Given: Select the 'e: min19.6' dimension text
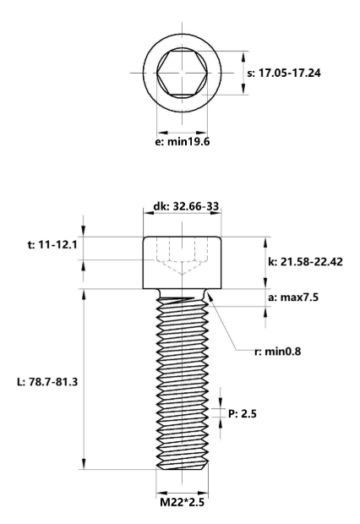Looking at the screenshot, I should (x=182, y=141).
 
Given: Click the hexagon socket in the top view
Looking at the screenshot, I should (x=182, y=73).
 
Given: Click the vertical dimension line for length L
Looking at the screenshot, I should (x=85, y=380).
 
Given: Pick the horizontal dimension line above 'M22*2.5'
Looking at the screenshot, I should (x=182, y=489).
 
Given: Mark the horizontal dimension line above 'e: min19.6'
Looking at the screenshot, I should (x=182, y=130).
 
